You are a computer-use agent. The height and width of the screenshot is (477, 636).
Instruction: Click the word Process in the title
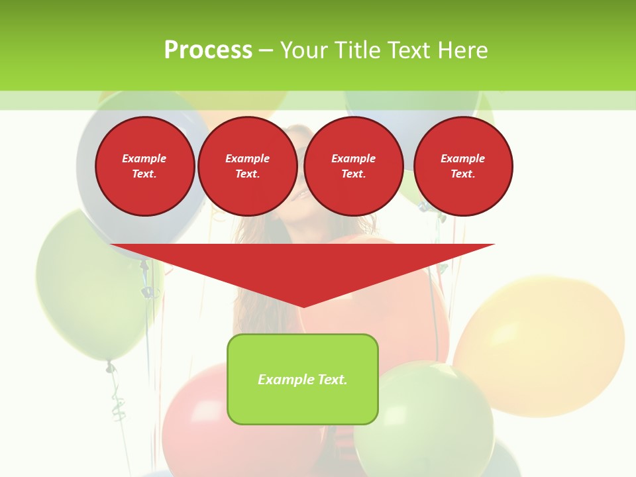pyautogui.click(x=208, y=50)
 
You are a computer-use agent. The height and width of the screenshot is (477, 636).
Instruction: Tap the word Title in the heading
pyautogui.click(x=356, y=50)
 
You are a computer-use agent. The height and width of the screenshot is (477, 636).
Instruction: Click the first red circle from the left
pyautogui.click(x=144, y=166)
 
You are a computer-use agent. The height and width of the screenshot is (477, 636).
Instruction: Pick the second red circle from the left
pyautogui.click(x=247, y=166)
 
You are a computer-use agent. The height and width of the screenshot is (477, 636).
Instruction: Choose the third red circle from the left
pyautogui.click(x=353, y=166)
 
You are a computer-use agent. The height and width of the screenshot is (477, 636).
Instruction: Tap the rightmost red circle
pyautogui.click(x=462, y=166)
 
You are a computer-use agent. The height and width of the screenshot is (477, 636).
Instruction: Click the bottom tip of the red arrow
pyautogui.click(x=303, y=305)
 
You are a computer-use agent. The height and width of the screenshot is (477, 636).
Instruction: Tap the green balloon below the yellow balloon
pyautogui.click(x=424, y=417)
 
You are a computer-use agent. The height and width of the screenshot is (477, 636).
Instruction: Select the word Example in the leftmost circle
pyautogui.click(x=144, y=158)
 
